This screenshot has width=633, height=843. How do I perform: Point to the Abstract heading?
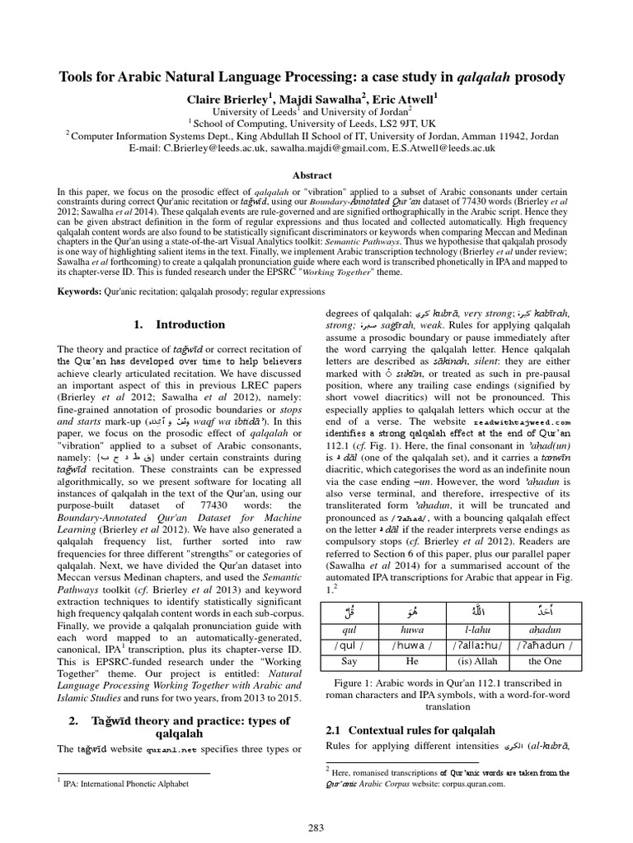[x=316, y=175]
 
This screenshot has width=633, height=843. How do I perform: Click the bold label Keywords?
[x=81, y=291]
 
